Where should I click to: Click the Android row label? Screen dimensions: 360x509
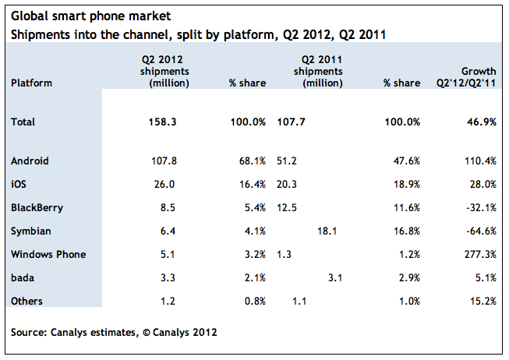(x=30, y=161)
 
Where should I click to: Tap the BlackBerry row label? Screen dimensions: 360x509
(x=37, y=208)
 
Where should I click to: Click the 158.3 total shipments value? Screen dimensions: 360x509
(x=162, y=122)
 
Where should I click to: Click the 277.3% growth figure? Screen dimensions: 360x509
(x=480, y=254)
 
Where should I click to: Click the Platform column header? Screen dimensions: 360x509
(x=30, y=83)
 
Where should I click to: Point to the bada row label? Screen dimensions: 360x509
(x=23, y=277)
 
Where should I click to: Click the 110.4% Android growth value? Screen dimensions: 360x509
(x=480, y=161)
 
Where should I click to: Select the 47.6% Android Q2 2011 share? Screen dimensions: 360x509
(x=406, y=161)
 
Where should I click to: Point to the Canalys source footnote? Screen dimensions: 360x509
(x=114, y=332)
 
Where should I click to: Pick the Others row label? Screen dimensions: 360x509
(x=27, y=301)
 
